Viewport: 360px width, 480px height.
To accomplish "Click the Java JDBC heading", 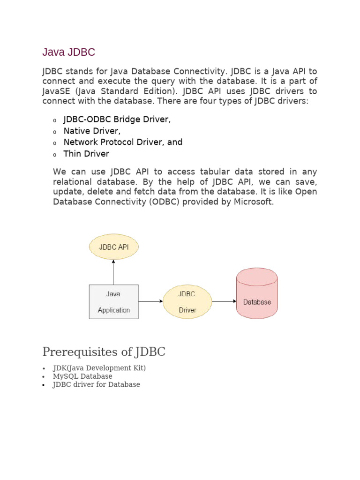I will [x=68, y=52].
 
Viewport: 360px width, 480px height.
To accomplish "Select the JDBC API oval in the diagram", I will [x=114, y=247].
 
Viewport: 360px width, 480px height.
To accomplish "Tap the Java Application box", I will [x=113, y=302].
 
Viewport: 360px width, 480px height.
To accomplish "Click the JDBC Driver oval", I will [x=187, y=302].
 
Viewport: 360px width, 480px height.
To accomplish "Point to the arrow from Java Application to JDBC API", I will [x=113, y=272].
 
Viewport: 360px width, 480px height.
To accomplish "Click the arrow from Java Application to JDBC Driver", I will [x=150, y=301].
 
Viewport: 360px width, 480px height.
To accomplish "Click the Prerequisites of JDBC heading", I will [x=104, y=352].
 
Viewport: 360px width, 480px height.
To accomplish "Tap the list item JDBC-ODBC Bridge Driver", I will [x=117, y=120].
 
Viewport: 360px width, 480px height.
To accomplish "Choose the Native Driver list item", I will [x=92, y=131].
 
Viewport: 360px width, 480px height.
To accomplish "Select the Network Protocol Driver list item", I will [x=123, y=142].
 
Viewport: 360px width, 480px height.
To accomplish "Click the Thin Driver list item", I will [x=86, y=154].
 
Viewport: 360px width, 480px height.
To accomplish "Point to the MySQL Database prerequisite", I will [x=82, y=376].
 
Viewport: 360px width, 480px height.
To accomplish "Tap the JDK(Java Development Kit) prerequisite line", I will [x=99, y=368].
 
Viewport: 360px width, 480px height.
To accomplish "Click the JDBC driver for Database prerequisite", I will [x=96, y=384].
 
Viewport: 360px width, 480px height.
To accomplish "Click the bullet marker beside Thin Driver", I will [x=54, y=155].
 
